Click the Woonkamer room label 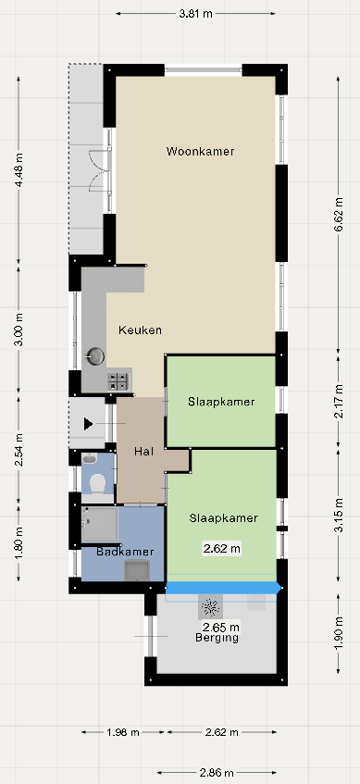(200, 151)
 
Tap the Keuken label (140, 330)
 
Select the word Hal (143, 452)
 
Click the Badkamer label (125, 552)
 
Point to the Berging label (217, 638)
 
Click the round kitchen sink (94, 356)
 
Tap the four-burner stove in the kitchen (119, 381)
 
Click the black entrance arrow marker (89, 424)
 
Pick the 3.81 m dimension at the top (196, 14)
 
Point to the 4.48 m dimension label (19, 170)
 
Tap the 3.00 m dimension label (19, 330)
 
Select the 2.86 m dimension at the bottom (217, 773)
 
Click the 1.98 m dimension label (123, 732)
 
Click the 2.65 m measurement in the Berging (220, 627)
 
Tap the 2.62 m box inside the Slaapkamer (221, 549)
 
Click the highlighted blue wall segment (223, 588)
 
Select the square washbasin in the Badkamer (136, 570)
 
